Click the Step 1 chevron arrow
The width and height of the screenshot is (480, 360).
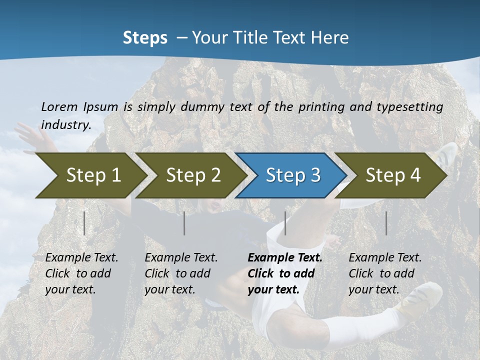[90, 175]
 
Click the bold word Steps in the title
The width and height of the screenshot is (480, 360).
[145, 38]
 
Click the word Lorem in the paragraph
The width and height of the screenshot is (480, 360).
[59, 106]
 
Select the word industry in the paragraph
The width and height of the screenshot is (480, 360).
[65, 124]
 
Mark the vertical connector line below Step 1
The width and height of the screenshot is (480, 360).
[84, 223]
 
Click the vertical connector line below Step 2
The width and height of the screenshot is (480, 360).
[184, 223]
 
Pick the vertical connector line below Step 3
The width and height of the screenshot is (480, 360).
[285, 223]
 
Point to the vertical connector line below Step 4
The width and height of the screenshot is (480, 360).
[386, 223]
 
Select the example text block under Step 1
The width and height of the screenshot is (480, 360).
[81, 273]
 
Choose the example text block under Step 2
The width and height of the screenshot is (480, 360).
[181, 273]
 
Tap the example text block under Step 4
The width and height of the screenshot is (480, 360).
[385, 273]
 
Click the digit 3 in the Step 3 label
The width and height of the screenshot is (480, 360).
[315, 175]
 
